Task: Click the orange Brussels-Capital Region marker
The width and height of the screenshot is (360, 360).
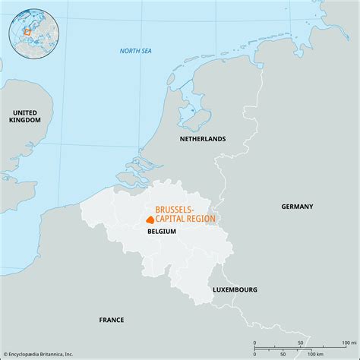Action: (150, 219)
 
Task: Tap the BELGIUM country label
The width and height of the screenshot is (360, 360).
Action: (162, 231)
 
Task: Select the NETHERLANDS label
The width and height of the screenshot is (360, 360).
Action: (202, 139)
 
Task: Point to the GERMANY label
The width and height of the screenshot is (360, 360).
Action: (297, 206)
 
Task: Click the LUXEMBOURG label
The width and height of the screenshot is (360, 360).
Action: (235, 289)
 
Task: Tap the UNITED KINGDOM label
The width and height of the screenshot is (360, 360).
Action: (25, 115)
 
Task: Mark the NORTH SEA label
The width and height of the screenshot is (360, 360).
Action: (137, 51)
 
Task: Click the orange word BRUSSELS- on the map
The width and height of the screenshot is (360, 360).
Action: (175, 208)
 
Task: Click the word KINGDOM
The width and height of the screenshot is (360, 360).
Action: (25, 120)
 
